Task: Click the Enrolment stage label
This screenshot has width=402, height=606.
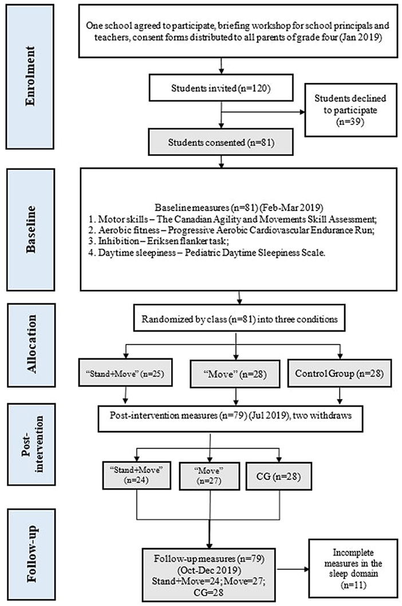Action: pos(30,76)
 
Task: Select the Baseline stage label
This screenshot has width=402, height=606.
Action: pos(30,229)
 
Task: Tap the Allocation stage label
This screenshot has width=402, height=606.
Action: pos(31,345)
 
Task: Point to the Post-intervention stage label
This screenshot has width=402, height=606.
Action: pos(31,444)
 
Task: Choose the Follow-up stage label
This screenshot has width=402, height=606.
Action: pos(31,554)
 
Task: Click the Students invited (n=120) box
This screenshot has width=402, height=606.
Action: pos(221,88)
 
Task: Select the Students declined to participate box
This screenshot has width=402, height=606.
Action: pos(350,110)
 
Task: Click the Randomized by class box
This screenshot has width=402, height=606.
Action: pos(239,319)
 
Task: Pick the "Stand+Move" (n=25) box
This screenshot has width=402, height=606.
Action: pos(125,373)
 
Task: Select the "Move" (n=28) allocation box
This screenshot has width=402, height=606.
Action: pos(235,374)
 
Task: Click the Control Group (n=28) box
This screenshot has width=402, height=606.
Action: pos(340,373)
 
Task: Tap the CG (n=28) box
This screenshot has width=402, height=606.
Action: pos(278,476)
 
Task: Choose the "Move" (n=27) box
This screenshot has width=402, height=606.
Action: pos(209,476)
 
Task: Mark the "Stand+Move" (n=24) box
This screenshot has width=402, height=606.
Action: pos(137,475)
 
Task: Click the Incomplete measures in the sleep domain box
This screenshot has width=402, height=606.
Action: pos(353,569)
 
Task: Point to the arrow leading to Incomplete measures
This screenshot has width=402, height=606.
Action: pos(293,569)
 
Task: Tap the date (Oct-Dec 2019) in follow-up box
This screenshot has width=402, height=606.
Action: pos(209,570)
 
